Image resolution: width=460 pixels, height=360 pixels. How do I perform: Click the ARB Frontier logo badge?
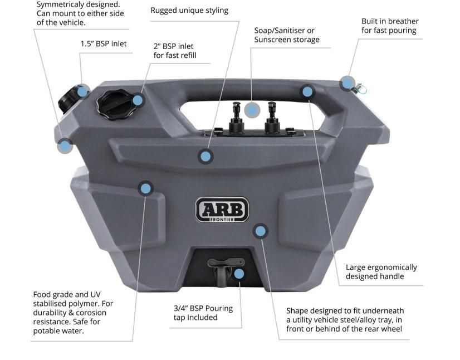222,210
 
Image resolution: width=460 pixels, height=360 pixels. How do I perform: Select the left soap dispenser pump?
234,116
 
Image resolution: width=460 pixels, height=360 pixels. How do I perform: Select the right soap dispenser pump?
272,116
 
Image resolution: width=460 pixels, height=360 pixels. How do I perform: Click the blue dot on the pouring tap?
239,274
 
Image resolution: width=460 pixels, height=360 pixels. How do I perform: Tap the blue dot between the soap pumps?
252,110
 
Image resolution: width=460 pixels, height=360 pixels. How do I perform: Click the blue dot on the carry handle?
307,91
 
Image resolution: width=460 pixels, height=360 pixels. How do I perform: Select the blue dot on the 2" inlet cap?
138,100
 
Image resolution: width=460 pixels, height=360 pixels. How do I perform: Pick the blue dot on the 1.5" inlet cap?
83,91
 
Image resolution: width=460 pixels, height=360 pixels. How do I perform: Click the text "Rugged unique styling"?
189,10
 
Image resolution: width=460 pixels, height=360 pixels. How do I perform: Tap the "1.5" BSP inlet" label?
104,43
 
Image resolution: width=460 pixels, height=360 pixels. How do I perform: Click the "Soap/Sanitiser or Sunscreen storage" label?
287,35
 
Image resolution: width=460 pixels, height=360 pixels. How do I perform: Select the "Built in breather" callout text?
390,26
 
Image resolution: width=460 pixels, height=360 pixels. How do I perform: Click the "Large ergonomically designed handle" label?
381,272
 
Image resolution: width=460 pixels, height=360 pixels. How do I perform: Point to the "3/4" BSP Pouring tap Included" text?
203,313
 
